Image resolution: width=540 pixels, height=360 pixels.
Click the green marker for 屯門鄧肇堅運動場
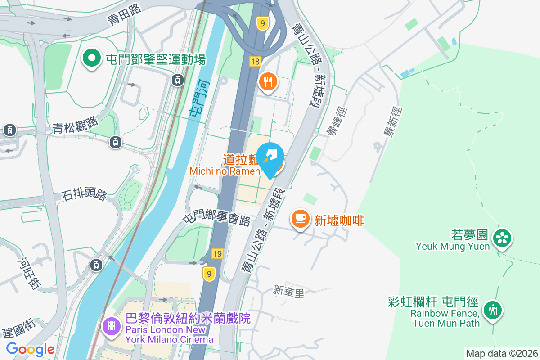click(x=92, y=59)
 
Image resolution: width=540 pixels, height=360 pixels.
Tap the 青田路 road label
click(x=124, y=14)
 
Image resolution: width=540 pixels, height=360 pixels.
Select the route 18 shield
click(x=255, y=62)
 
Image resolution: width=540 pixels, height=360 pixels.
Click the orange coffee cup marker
click(x=301, y=219)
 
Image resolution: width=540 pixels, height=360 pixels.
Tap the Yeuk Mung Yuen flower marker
click(x=502, y=238)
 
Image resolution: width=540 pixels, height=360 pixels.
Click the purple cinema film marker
click(x=111, y=326)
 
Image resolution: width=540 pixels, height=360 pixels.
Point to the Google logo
click(x=30, y=349)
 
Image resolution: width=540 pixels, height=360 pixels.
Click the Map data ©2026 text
click(x=502, y=353)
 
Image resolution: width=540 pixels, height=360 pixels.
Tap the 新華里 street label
click(x=289, y=292)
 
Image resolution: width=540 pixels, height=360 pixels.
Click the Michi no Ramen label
click(x=225, y=171)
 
